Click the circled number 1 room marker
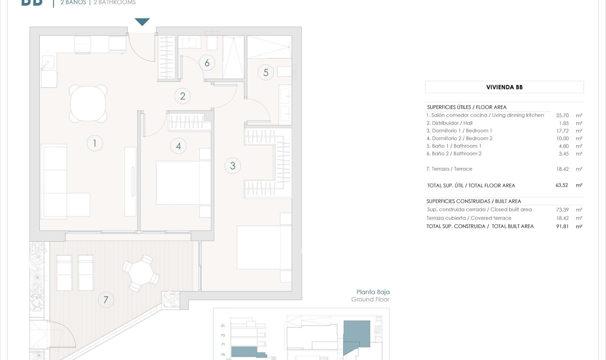point(95,143)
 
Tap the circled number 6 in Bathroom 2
point(207,63)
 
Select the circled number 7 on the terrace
point(106,300)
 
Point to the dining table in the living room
point(88,103)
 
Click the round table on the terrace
point(141,273)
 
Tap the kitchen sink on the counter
point(48,62)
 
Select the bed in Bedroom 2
point(183,183)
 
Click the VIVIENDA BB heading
point(504,87)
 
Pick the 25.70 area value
point(562,115)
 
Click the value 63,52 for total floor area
point(561,185)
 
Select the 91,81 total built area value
point(562,226)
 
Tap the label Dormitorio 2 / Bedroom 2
point(459,138)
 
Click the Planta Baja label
point(373,292)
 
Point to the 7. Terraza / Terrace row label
point(449,169)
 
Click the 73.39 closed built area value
point(562,210)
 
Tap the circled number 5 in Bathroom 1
point(266,72)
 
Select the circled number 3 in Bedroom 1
point(233,165)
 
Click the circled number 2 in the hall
point(182,96)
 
